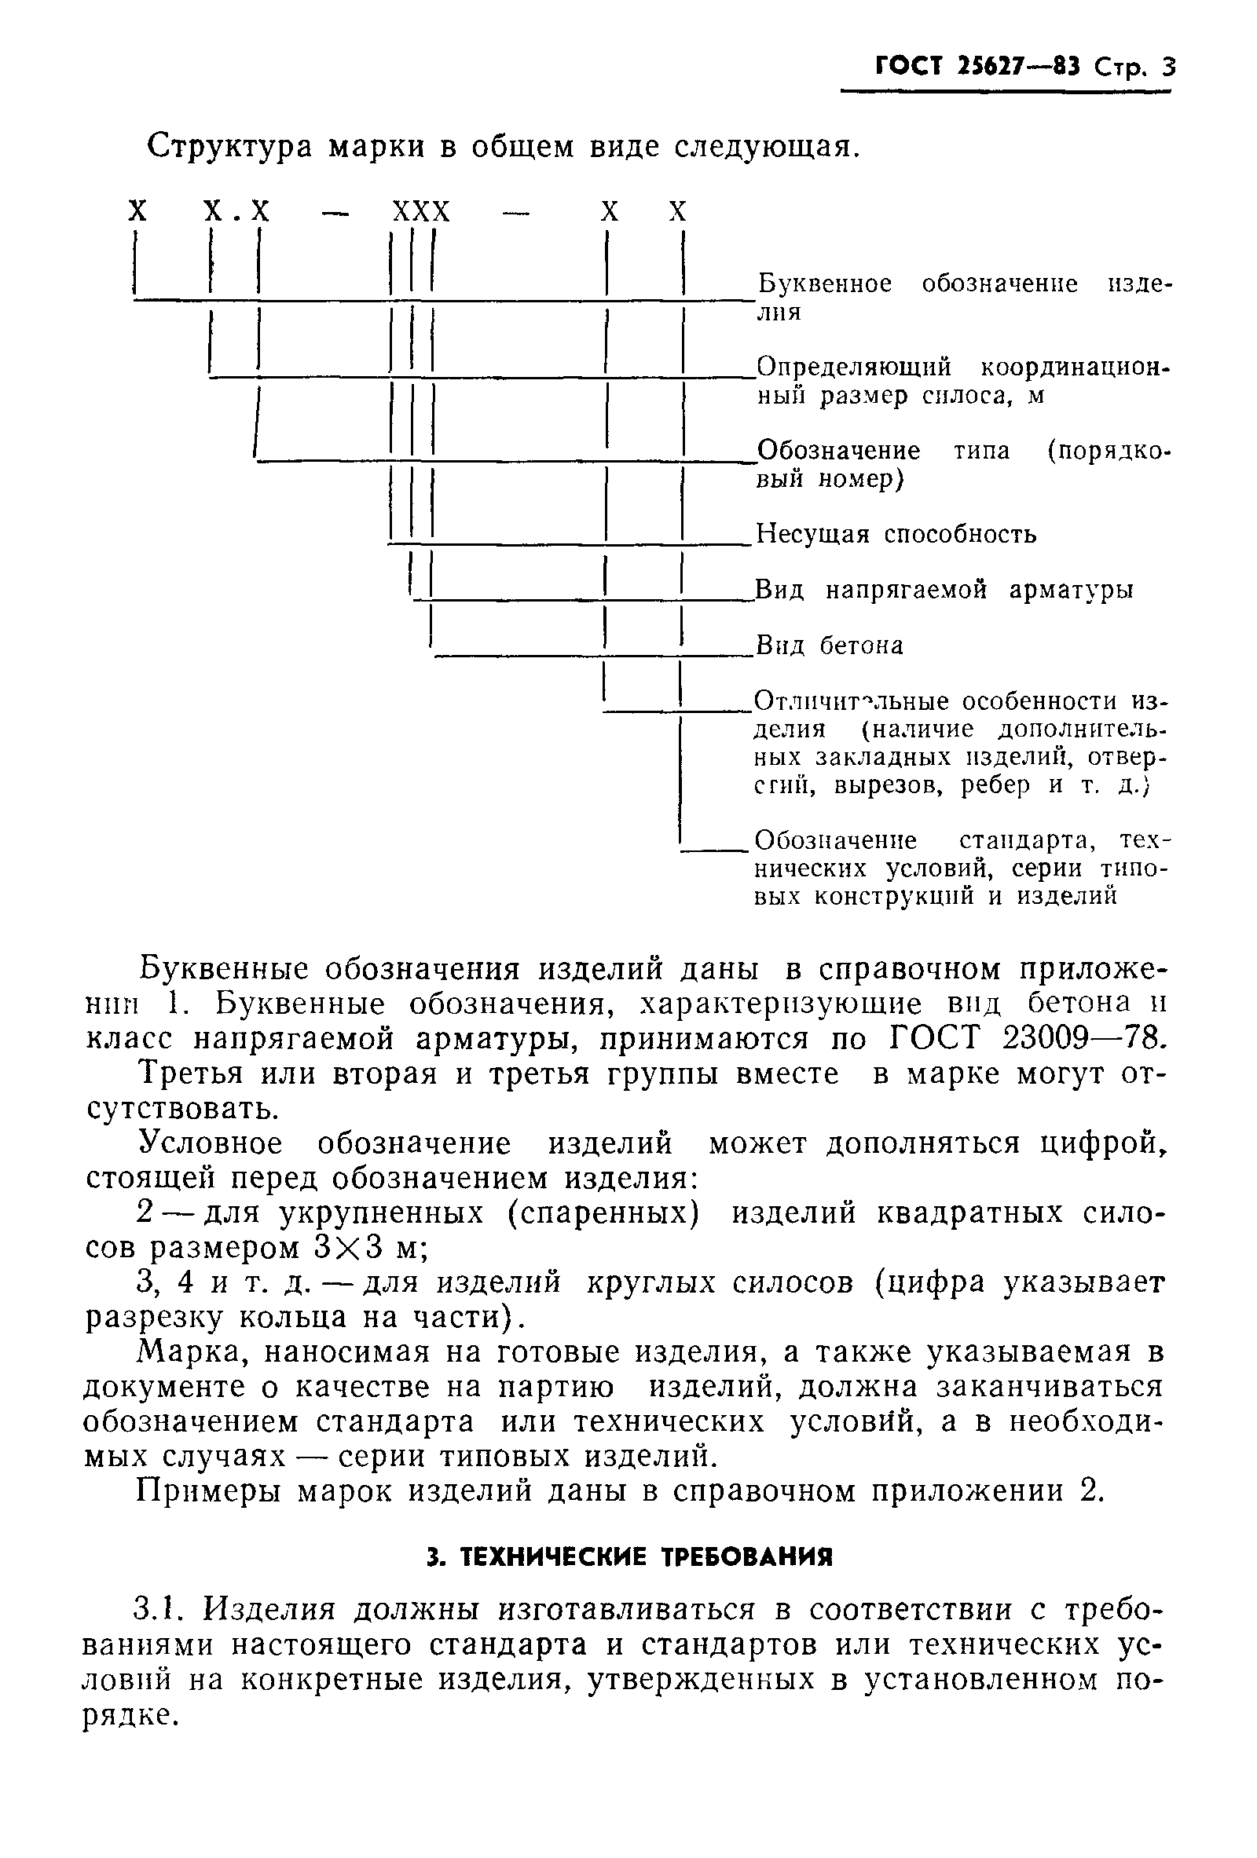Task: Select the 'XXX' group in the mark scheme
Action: click(420, 212)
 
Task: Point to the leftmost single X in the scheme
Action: click(137, 212)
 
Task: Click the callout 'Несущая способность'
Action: click(896, 534)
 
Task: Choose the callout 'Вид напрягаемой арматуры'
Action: click(944, 590)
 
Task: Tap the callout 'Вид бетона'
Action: click(829, 646)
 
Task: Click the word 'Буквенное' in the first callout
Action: click(823, 283)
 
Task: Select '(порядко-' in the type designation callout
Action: click(1109, 451)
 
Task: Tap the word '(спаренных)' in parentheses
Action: click(603, 1212)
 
